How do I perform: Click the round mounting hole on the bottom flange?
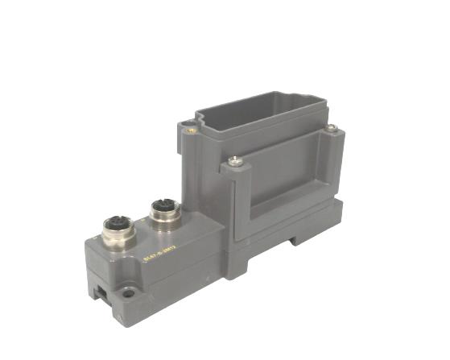127,294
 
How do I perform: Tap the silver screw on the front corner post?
234,161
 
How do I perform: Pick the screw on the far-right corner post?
332,128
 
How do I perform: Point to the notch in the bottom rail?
299,238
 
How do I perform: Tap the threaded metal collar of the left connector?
114,238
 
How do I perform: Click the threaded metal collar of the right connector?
164,222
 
